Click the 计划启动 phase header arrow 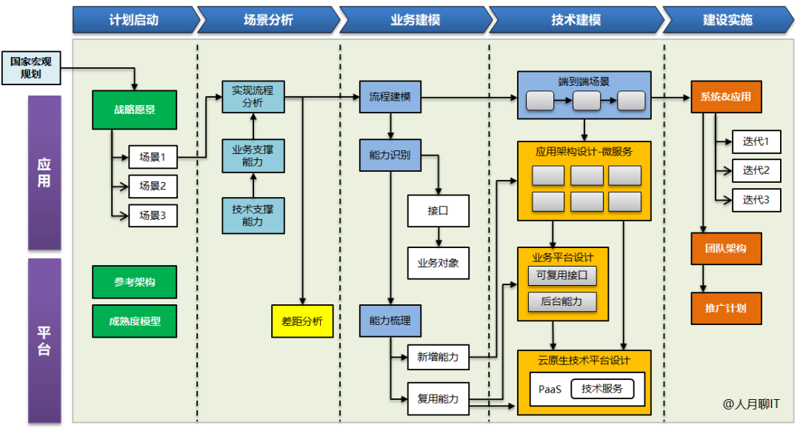click(134, 19)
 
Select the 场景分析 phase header click(268, 19)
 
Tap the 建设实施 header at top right click(727, 19)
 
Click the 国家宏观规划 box click(30, 67)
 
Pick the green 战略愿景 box click(134, 110)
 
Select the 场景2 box click(153, 186)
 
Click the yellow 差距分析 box click(302, 321)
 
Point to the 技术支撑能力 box click(253, 215)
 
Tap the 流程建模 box click(390, 97)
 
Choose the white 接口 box click(438, 210)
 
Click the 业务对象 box click(438, 263)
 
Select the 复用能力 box click(438, 398)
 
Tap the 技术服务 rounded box click(602, 389)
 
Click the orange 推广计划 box click(726, 308)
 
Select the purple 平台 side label click(44, 341)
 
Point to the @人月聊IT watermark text click(751, 404)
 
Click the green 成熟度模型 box click(135, 321)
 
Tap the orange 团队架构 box click(726, 249)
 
